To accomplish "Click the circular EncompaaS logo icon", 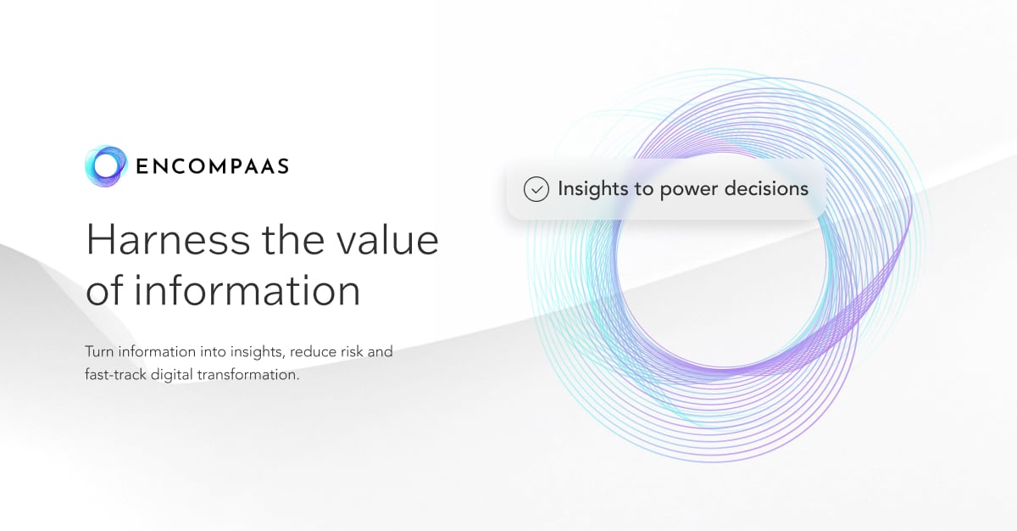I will pyautogui.click(x=106, y=165).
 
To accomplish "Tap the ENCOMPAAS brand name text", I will pyautogui.click(x=212, y=166).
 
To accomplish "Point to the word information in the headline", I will pyautogui.click(x=246, y=291).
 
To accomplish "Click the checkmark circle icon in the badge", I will pyautogui.click(x=536, y=189).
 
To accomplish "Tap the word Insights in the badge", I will pyautogui.click(x=593, y=189).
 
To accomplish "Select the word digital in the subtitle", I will pyautogui.click(x=171, y=374).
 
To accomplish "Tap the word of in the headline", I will pyautogui.click(x=104, y=291).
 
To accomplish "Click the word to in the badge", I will pyautogui.click(x=643, y=189).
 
